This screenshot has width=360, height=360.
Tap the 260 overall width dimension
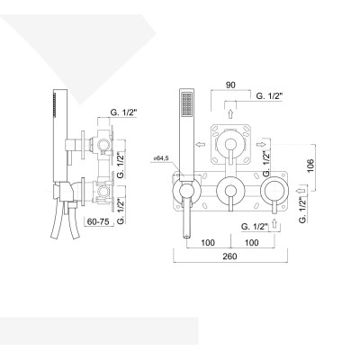229,257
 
